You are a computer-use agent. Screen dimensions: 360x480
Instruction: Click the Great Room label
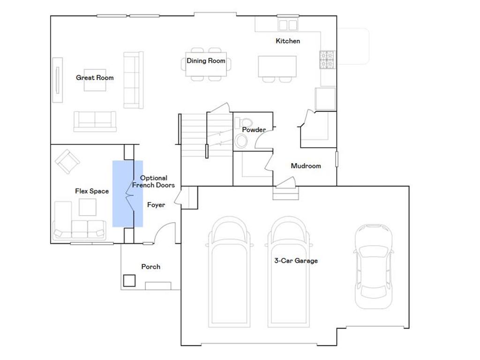95,78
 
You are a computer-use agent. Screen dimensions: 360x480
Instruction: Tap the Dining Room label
206,61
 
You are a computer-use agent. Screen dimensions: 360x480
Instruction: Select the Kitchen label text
287,41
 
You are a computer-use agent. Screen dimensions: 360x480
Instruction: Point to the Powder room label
254,130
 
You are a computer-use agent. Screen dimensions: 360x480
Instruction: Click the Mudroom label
306,166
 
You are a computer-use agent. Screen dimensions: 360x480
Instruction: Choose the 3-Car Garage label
296,261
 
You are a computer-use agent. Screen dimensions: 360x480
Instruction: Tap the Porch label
150,267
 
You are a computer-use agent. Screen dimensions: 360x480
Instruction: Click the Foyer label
156,205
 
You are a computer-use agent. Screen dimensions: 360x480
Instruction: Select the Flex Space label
92,191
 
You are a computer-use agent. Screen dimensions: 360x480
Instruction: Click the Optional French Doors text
153,182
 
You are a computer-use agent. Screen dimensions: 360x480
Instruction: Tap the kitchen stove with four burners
327,59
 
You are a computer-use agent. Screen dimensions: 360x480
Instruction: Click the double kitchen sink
288,24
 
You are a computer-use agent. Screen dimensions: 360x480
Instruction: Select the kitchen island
277,66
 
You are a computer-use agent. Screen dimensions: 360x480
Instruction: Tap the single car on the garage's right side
373,265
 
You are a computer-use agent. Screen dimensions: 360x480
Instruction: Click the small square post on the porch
129,280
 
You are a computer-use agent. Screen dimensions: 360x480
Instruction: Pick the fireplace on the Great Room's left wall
57,80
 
